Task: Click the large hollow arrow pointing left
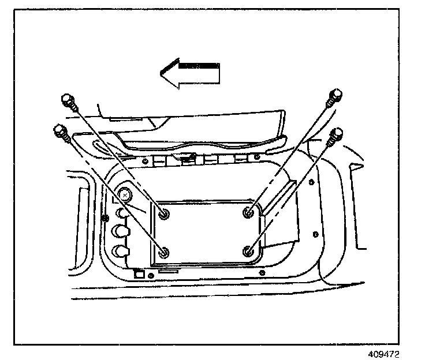[191, 74]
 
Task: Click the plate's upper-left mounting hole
[165, 214]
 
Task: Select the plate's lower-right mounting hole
[249, 251]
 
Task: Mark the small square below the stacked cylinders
[137, 274]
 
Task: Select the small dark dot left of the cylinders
[105, 218]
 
